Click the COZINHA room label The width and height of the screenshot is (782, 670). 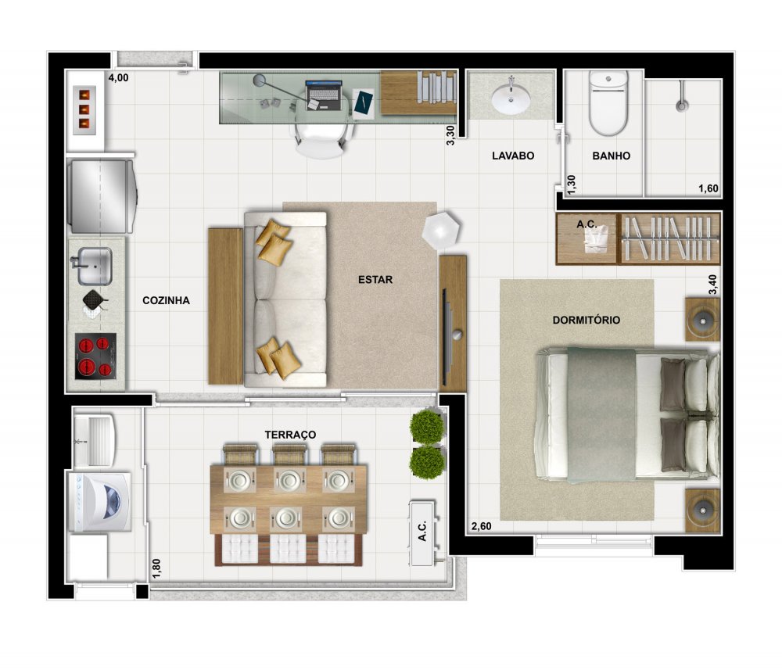166,301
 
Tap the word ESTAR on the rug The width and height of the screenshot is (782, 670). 375,280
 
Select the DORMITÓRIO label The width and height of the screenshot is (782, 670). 586,320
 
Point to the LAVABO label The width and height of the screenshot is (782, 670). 513,156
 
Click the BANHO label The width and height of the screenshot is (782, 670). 611,156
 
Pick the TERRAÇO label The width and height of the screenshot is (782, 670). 290,435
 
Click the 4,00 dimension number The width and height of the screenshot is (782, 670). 118,77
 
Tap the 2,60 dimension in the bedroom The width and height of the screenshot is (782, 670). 481,526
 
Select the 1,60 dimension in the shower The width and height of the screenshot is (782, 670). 708,188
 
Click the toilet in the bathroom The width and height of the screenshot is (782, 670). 608,102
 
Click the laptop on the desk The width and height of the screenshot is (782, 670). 324,95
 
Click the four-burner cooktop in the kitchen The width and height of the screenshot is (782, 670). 95,356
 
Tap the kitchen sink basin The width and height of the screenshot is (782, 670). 95,267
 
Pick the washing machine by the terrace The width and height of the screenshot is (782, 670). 100,502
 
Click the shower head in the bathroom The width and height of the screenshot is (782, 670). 681,106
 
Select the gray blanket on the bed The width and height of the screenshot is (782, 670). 601,415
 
